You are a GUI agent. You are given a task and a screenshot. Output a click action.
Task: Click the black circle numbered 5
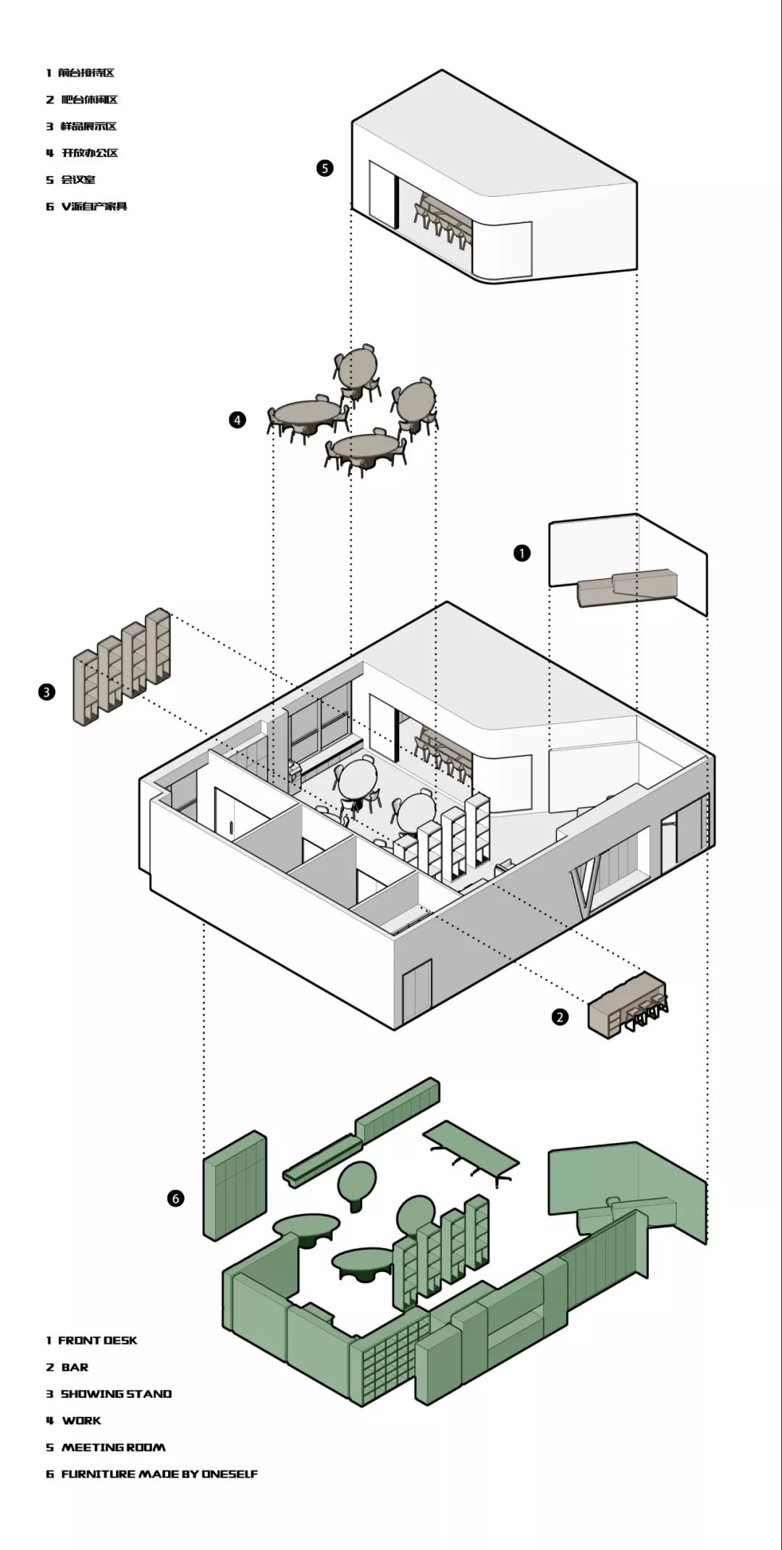(x=325, y=168)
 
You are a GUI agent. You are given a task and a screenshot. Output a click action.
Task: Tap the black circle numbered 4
(x=237, y=419)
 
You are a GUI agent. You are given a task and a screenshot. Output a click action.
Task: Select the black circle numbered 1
(x=521, y=553)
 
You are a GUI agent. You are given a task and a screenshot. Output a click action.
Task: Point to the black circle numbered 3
(x=46, y=692)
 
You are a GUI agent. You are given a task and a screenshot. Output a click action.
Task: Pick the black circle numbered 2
(x=560, y=1017)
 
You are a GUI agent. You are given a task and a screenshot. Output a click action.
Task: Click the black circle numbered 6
(x=176, y=1199)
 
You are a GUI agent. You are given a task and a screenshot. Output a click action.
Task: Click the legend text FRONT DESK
(x=97, y=1341)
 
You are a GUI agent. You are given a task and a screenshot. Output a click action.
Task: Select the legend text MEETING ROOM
(x=113, y=1447)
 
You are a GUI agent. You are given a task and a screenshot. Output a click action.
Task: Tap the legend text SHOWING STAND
(x=116, y=1394)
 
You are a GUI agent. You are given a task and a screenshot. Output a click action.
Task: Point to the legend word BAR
(x=75, y=1368)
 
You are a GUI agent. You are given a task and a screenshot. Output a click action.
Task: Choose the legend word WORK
(x=81, y=1420)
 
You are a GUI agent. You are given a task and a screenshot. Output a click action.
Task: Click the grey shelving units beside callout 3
(x=122, y=665)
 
